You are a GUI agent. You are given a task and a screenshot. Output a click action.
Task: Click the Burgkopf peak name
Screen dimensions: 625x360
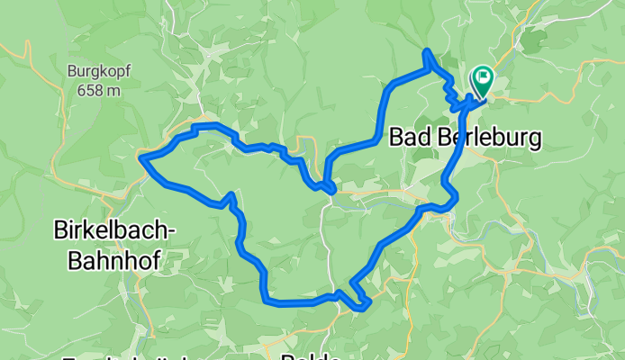point(98,70)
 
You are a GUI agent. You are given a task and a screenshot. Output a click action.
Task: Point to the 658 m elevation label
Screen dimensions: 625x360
point(98,89)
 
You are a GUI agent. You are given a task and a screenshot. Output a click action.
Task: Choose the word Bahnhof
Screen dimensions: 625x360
point(113,260)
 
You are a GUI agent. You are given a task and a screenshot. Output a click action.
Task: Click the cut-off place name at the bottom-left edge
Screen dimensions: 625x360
point(126,357)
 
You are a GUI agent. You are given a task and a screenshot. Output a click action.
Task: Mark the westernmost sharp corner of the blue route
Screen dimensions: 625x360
point(140,159)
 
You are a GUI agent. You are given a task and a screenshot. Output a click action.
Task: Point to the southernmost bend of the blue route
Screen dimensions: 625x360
point(362,308)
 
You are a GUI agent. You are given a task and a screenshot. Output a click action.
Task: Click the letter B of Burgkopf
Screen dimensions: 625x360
point(72,70)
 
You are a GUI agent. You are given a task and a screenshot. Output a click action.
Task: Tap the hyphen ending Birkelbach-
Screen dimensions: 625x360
point(173,231)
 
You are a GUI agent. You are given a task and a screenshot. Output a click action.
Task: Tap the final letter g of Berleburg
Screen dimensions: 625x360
point(534,140)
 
